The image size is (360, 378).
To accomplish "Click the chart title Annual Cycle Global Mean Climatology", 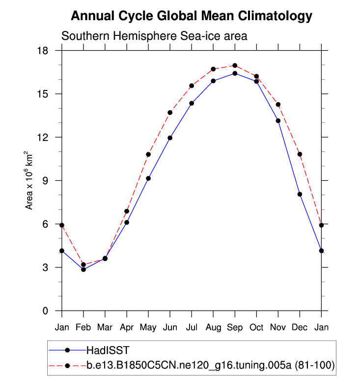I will pyautogui.click(x=192, y=16).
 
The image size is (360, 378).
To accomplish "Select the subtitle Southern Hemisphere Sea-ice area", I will pyautogui.click(x=154, y=36).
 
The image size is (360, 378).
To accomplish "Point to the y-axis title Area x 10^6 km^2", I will pyautogui.click(x=30, y=180).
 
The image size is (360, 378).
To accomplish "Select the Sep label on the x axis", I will pyautogui.click(x=235, y=327).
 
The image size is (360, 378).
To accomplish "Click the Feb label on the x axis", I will pyautogui.click(x=83, y=327).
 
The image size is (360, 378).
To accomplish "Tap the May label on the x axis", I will pyautogui.click(x=148, y=327).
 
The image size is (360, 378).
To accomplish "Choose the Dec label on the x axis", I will pyautogui.click(x=300, y=327).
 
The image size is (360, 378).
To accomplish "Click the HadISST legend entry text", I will pyautogui.click(x=108, y=350).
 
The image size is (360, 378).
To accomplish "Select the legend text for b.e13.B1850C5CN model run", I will pyautogui.click(x=210, y=365).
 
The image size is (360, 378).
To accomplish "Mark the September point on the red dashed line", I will pyautogui.click(x=235, y=65).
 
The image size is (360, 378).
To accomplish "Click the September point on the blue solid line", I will pyautogui.click(x=235, y=73).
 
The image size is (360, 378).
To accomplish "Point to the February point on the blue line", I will pyautogui.click(x=83, y=269).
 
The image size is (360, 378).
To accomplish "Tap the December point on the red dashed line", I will pyautogui.click(x=300, y=154).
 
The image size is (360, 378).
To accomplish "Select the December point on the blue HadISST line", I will pyautogui.click(x=300, y=194).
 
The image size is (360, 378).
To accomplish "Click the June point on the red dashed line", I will pyautogui.click(x=170, y=113).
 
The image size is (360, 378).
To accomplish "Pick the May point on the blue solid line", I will pyautogui.click(x=148, y=178).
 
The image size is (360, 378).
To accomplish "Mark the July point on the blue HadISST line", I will pyautogui.click(x=192, y=103).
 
